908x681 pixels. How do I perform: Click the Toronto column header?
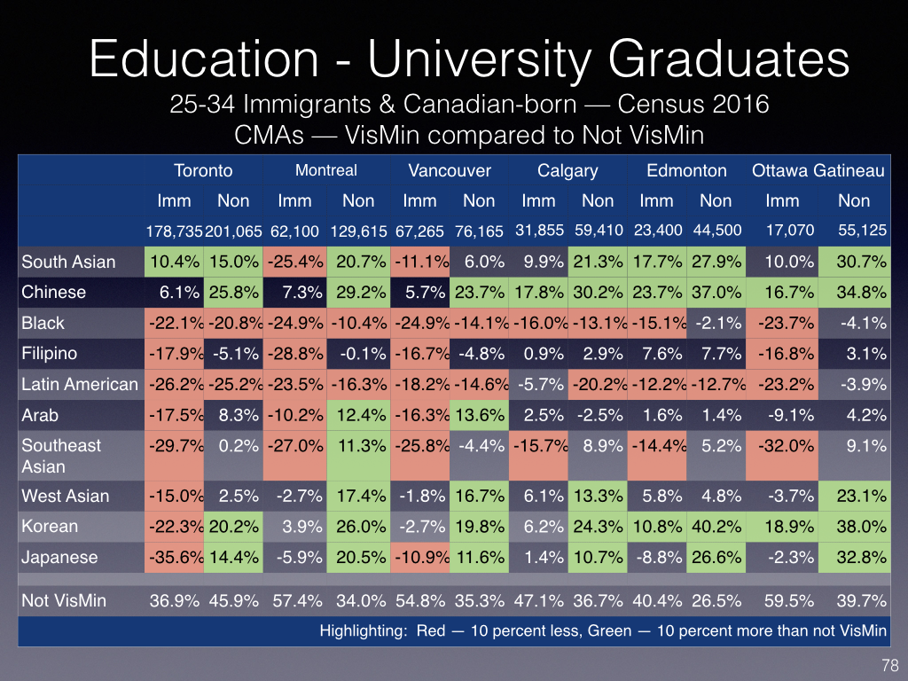point(203,171)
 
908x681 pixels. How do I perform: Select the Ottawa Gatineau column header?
point(818,171)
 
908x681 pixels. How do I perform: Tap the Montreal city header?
point(326,170)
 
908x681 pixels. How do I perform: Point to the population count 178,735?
point(176,231)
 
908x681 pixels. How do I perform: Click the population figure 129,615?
point(358,231)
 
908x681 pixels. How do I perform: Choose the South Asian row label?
point(68,262)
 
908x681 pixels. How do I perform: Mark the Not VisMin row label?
point(64,601)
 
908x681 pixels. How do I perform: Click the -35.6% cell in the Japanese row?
point(174,558)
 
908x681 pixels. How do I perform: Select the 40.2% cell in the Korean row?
point(716,527)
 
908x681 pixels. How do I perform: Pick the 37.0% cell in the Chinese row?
point(716,293)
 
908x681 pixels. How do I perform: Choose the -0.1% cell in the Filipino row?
point(358,354)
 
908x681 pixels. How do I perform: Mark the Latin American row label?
point(80,384)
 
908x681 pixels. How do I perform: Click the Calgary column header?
point(567,171)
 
